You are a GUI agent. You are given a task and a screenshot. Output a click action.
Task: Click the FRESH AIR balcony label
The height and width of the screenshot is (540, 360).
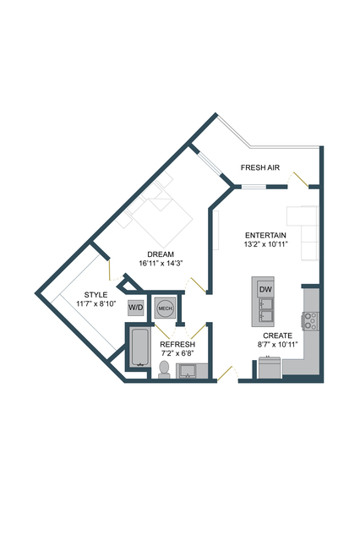(260, 167)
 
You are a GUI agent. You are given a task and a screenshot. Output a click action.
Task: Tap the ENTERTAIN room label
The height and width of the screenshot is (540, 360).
(265, 235)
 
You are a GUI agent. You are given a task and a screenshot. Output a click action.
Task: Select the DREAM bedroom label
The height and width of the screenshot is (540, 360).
(161, 254)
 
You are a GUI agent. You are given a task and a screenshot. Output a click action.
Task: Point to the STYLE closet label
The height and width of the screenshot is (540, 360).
(95, 295)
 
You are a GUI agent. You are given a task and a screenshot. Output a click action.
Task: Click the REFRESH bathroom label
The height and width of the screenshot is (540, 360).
(177, 345)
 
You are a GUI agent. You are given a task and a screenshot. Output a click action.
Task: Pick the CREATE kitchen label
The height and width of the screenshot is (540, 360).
(278, 335)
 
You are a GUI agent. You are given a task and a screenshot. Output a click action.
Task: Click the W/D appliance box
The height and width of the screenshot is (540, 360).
(136, 308)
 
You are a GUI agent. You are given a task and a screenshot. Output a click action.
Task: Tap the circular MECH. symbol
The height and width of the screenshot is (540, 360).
(166, 308)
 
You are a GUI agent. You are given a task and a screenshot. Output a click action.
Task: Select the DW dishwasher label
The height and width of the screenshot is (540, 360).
(265, 289)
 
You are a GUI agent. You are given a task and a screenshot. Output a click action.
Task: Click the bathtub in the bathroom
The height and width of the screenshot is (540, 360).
(139, 347)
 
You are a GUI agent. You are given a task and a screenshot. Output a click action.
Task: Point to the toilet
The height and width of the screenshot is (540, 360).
(164, 369)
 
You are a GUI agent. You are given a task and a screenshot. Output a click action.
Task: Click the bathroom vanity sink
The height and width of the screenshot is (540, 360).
(187, 371)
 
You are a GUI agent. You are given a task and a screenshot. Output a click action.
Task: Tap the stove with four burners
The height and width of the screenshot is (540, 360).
(309, 321)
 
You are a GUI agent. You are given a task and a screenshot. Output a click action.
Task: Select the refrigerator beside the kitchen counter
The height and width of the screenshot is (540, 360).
(270, 368)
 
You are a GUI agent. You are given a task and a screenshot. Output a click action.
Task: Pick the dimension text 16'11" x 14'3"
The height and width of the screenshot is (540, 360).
(161, 264)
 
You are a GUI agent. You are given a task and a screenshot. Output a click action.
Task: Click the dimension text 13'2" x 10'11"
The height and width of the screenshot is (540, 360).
(265, 244)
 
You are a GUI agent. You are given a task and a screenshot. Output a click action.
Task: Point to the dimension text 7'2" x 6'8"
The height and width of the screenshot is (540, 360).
(177, 353)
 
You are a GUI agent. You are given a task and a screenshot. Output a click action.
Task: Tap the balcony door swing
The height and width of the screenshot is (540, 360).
(297, 179)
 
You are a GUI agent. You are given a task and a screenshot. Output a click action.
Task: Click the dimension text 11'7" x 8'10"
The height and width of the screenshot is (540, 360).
(96, 303)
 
